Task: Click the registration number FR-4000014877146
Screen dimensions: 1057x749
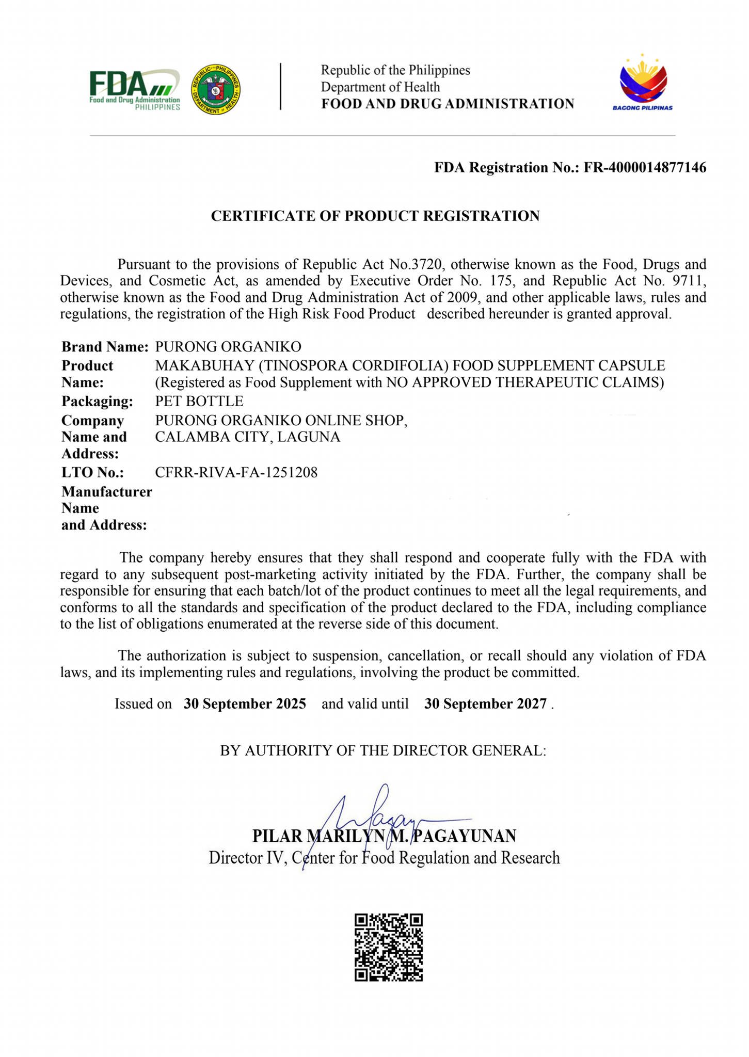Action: (x=645, y=168)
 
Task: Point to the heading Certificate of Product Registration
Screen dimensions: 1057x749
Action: (x=375, y=216)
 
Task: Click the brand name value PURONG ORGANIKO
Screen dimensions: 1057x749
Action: (x=228, y=347)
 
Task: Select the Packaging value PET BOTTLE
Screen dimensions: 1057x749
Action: (x=199, y=401)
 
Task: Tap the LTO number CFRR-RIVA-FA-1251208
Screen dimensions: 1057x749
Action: (x=236, y=472)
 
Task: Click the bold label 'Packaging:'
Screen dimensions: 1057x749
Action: (x=97, y=401)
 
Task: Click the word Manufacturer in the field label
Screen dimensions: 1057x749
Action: (x=107, y=492)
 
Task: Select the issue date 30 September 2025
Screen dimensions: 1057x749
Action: (x=245, y=704)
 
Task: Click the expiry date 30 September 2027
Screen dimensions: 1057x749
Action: (x=485, y=704)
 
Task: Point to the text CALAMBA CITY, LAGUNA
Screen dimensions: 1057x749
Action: (x=248, y=437)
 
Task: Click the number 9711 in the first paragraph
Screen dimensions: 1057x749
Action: (x=689, y=281)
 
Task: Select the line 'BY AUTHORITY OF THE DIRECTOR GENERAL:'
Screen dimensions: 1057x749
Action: (x=383, y=750)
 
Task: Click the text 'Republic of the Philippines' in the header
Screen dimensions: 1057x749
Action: (x=395, y=70)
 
